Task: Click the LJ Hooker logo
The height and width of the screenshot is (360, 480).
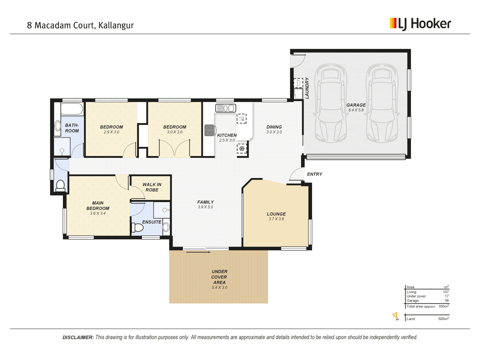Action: [420, 24]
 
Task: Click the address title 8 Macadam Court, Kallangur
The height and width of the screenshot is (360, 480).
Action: [80, 25]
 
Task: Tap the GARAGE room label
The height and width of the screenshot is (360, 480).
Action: [356, 105]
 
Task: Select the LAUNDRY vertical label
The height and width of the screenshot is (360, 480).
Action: [307, 88]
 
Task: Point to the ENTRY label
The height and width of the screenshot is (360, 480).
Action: [314, 174]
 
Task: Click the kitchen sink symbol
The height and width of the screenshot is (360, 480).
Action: [226, 108]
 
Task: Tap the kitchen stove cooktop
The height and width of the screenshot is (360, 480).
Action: [209, 130]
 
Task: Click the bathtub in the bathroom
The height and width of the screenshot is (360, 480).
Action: [72, 109]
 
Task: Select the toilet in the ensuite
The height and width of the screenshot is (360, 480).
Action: [137, 228]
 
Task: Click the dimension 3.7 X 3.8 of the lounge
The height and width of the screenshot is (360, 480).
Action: [276, 219]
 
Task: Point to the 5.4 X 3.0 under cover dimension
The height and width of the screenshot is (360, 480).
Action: [219, 287]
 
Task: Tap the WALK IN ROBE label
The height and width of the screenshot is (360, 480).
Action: [152, 187]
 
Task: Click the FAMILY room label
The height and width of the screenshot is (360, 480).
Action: [206, 202]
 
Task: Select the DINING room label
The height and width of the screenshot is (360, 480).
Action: [274, 127]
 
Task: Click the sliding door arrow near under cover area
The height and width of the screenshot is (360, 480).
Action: [198, 252]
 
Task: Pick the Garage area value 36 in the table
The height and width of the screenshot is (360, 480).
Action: [447, 301]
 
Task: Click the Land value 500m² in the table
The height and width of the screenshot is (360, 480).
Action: [443, 318]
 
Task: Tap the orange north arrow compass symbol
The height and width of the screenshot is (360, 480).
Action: [395, 316]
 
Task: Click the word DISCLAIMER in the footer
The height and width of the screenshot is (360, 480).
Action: [78, 337]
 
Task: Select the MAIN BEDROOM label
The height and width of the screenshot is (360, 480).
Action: [98, 206]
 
